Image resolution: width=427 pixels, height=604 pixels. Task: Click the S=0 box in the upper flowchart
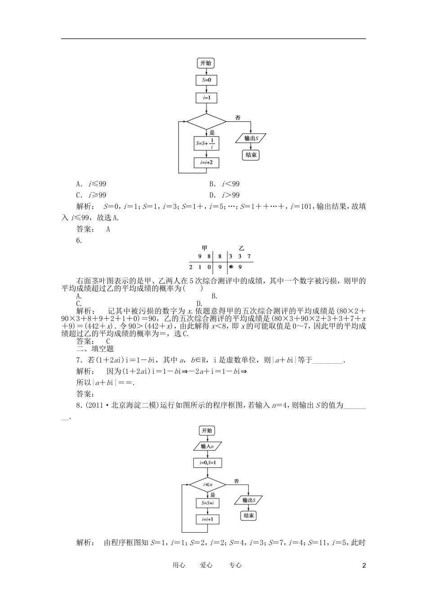point(206,80)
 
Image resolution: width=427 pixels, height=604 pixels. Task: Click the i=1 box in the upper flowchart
point(206,98)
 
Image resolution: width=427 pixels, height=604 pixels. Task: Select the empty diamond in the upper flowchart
point(206,121)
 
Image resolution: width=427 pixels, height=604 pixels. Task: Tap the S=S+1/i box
point(206,143)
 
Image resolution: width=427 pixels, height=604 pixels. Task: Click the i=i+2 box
point(206,162)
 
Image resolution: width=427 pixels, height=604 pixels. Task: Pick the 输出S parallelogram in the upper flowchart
point(251,138)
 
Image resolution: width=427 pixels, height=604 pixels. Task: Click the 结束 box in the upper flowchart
point(251,155)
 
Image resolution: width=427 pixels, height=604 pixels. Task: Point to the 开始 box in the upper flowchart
point(206,63)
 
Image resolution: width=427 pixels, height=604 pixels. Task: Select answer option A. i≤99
point(91,184)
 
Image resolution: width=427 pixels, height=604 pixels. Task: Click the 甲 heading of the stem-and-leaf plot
point(205,248)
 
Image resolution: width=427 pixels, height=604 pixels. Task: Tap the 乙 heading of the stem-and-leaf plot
point(241,248)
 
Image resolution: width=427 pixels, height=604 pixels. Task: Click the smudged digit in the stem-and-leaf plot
point(231,267)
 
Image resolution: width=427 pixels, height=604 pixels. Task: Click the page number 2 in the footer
point(364,565)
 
